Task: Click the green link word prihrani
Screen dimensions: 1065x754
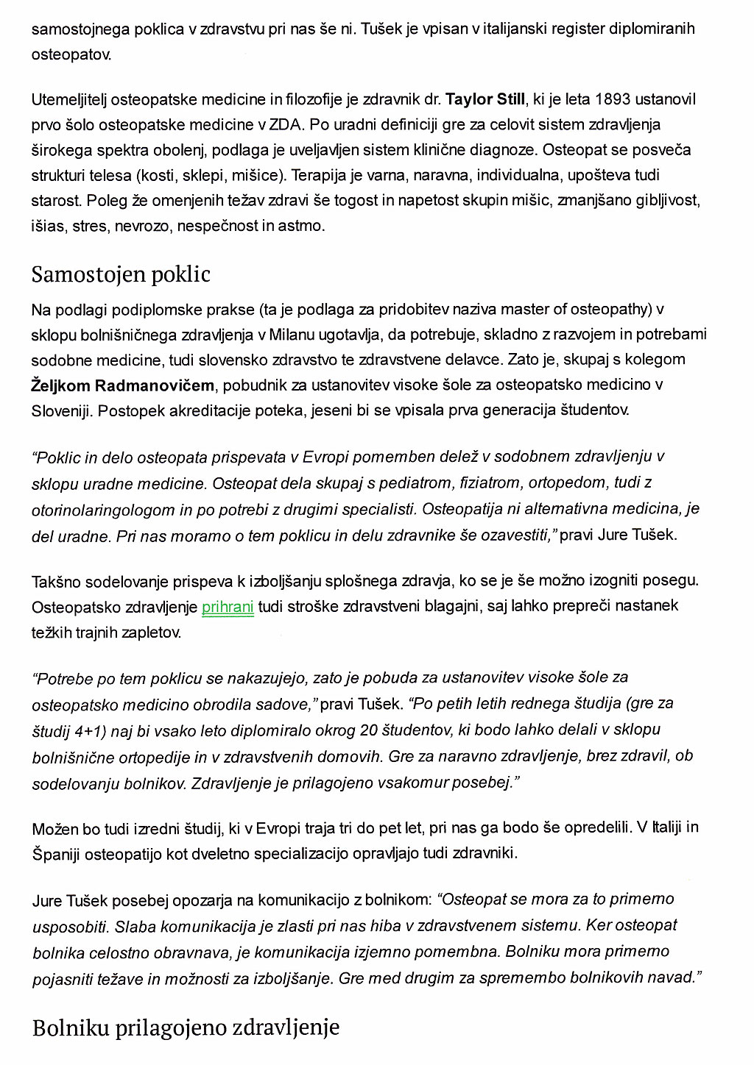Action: click(228, 608)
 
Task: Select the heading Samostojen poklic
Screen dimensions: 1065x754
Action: click(121, 274)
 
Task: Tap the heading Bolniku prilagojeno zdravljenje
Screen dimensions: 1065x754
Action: click(186, 1027)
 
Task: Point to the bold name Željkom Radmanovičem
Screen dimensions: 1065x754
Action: click(122, 385)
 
